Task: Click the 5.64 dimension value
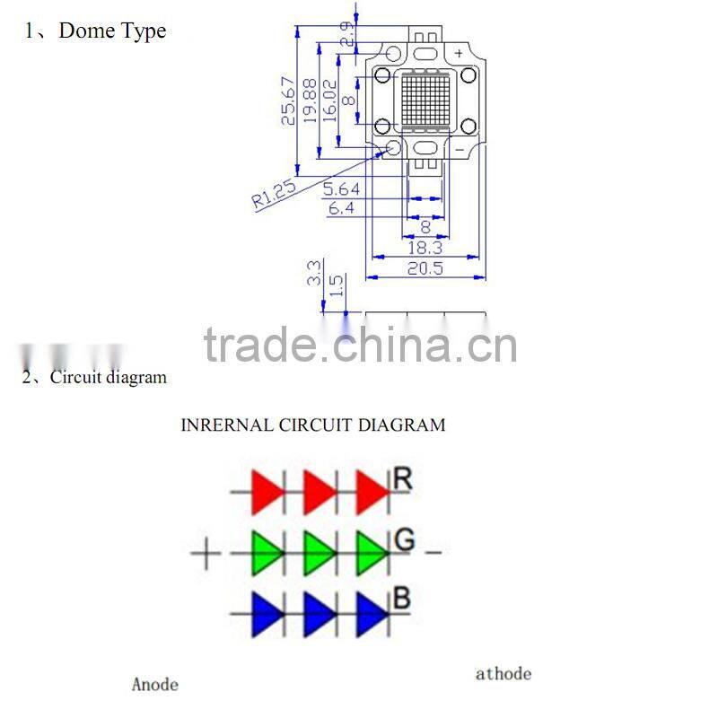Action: pos(341,188)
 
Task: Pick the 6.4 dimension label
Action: pos(341,208)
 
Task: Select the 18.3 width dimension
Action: pos(425,247)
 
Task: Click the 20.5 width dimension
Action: pos(425,267)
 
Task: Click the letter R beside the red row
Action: pos(402,479)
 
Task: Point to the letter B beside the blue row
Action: pos(402,597)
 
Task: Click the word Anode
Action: pos(155,685)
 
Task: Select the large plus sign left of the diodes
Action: pos(206,553)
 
